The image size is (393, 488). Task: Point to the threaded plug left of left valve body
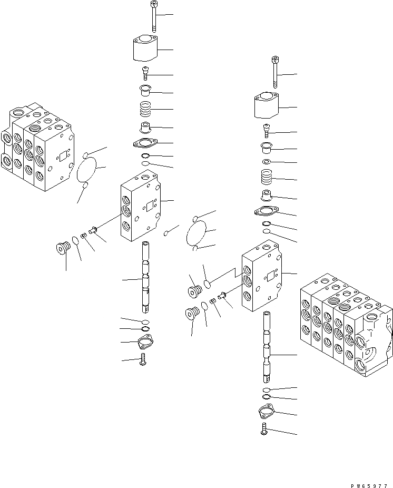[63, 247]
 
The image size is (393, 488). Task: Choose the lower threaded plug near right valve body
[191, 314]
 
